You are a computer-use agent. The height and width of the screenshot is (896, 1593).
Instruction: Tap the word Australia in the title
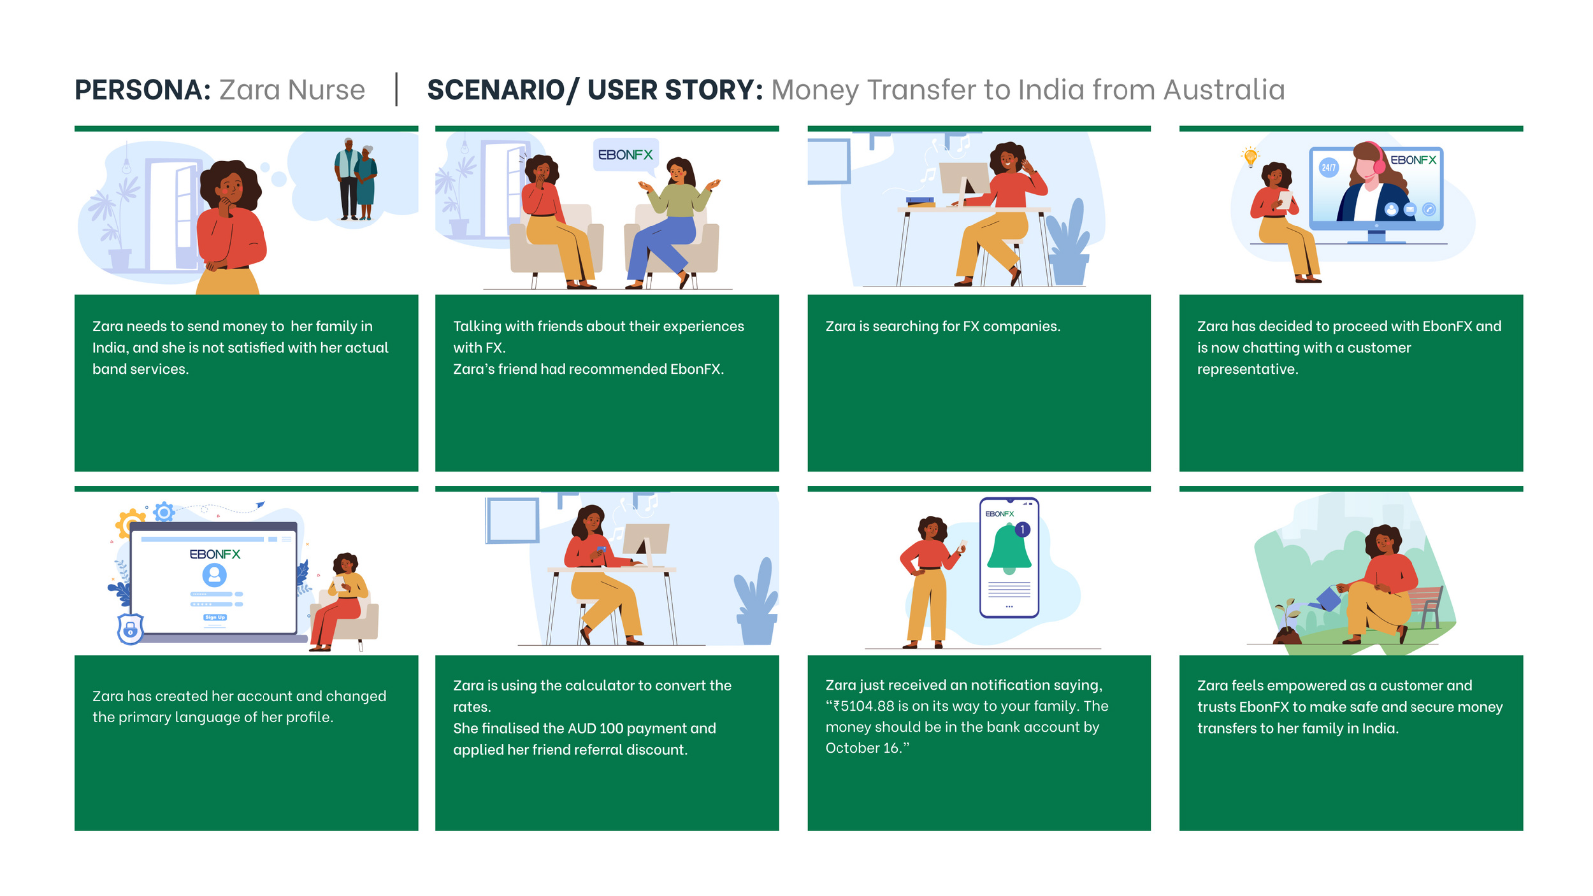tap(1223, 90)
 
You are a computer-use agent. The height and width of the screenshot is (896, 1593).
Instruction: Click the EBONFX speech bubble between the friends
tap(625, 155)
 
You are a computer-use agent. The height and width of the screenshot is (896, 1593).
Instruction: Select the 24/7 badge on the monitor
tap(1329, 167)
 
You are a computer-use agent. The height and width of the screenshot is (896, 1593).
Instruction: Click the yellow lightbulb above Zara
tap(1250, 156)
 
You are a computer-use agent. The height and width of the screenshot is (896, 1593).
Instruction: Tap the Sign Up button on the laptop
tap(215, 617)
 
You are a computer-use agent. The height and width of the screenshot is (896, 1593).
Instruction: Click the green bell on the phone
tap(1009, 548)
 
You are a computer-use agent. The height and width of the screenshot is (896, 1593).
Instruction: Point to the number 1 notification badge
tap(1022, 529)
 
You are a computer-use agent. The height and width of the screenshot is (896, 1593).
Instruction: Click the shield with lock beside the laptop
tap(131, 629)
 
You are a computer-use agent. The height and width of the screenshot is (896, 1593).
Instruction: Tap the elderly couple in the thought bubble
tap(356, 179)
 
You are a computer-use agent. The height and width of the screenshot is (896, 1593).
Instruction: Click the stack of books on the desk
tap(920, 202)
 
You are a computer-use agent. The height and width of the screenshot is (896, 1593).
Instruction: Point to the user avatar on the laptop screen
tap(215, 575)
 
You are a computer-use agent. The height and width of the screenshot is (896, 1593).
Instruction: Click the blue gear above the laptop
tap(164, 511)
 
